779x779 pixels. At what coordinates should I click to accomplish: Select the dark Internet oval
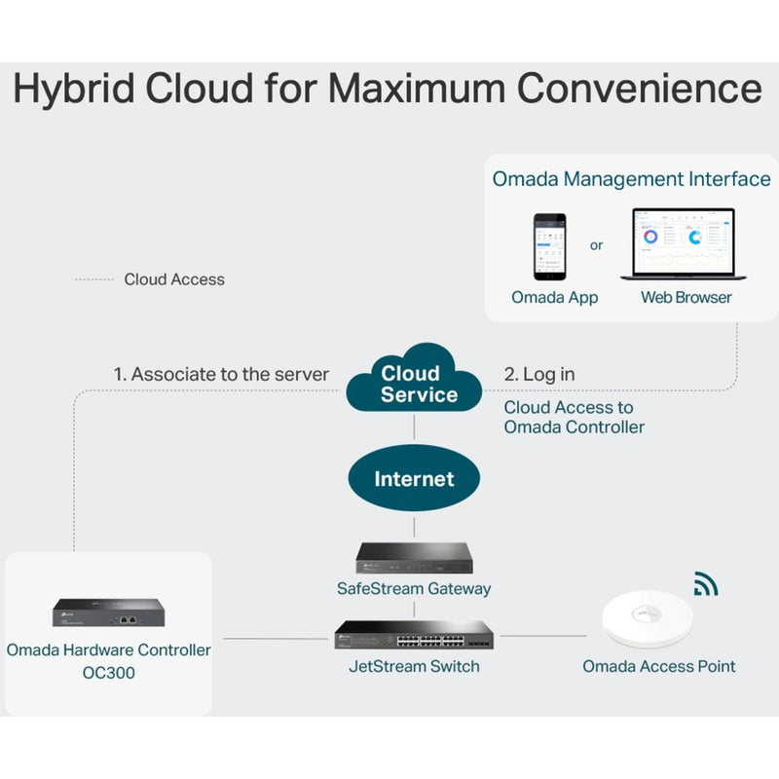click(414, 479)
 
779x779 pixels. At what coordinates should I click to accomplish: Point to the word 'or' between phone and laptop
click(597, 245)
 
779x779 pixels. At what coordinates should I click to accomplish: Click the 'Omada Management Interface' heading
click(631, 179)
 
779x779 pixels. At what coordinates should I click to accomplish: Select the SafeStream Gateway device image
click(414, 557)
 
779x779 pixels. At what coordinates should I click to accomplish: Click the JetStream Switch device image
click(415, 636)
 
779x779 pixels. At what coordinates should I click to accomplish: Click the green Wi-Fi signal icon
click(705, 584)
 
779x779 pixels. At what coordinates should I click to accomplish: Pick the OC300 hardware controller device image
click(108, 613)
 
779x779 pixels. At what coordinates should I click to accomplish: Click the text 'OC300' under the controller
click(108, 672)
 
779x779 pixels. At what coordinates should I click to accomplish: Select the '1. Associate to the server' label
click(221, 374)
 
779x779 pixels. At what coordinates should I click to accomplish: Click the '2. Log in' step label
click(539, 374)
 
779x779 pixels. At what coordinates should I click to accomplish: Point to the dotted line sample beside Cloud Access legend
click(94, 279)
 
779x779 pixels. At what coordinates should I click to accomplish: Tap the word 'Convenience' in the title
click(639, 88)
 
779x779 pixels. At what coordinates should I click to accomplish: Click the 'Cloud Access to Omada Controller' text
click(574, 417)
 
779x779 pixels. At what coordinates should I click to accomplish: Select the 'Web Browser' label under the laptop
click(686, 297)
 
